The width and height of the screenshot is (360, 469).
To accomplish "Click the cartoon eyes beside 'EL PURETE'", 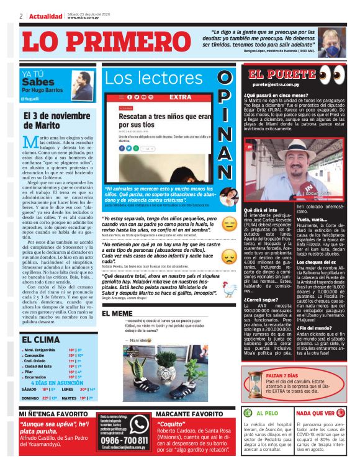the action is (x=330, y=73).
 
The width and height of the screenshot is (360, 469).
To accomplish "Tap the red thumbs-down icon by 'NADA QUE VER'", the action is (x=342, y=413).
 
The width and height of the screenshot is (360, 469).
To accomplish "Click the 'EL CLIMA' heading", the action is (x=41, y=340).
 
